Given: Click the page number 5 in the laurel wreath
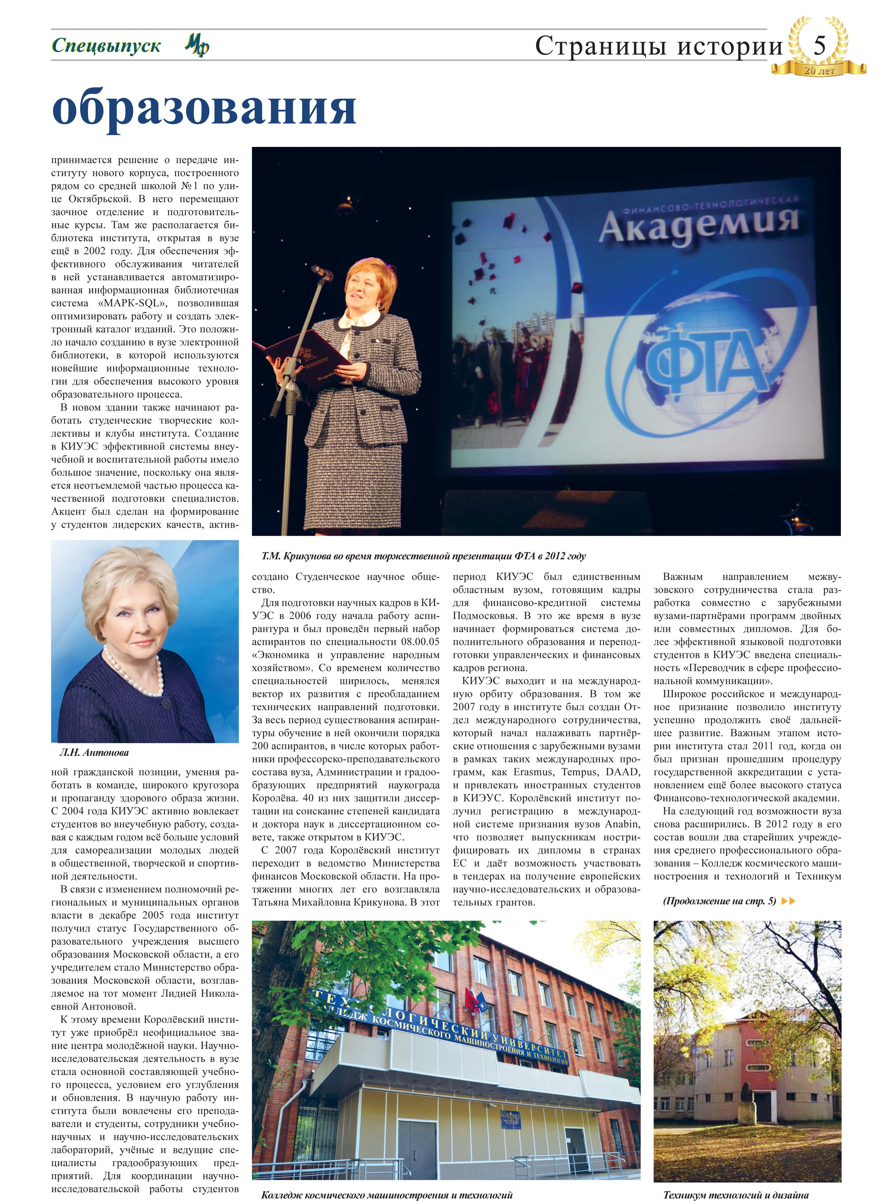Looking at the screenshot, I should pos(819,46).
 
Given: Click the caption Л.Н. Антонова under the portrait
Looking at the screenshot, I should pos(95,752).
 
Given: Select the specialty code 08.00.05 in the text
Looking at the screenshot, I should pos(420,642).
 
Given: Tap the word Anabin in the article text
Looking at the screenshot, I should pos(622,824).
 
